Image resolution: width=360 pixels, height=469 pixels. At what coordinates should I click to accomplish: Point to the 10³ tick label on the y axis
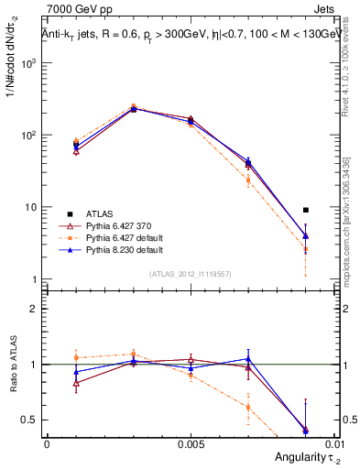28,64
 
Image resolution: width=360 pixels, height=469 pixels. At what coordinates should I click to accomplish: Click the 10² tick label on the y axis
28,136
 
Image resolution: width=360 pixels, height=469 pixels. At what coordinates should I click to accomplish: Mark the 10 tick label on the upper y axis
30,207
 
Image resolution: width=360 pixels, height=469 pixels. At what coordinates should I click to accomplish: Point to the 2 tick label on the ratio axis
34,309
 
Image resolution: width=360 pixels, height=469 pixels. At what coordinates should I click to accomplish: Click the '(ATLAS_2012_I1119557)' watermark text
190,273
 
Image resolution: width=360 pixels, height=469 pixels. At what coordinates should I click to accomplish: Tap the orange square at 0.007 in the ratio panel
248,408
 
